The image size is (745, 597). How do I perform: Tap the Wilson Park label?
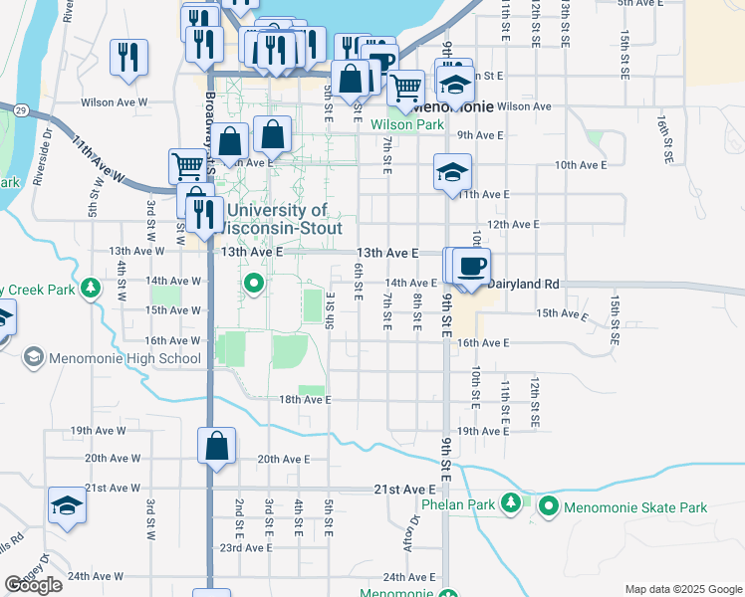pyautogui.click(x=407, y=124)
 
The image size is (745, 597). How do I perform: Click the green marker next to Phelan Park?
pyautogui.click(x=511, y=502)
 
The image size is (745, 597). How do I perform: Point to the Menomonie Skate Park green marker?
pyautogui.click(x=549, y=507)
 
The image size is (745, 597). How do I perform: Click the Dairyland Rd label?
pyautogui.click(x=524, y=284)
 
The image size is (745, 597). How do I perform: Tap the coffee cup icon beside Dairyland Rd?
pyautogui.click(x=471, y=267)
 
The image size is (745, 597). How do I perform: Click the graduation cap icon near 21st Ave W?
pyautogui.click(x=67, y=505)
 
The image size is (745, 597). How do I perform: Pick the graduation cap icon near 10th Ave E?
pyautogui.click(x=452, y=172)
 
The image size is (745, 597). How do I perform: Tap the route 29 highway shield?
pyautogui.click(x=19, y=108)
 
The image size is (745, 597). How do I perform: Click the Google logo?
pyautogui.click(x=34, y=585)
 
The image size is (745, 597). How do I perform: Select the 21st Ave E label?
pyautogui.click(x=404, y=490)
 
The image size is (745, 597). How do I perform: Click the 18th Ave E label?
pyautogui.click(x=304, y=399)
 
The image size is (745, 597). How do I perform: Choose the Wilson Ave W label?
pyautogui.click(x=114, y=102)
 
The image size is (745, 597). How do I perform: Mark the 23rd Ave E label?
pyautogui.click(x=246, y=547)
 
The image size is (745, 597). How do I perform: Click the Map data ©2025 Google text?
pyautogui.click(x=682, y=588)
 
